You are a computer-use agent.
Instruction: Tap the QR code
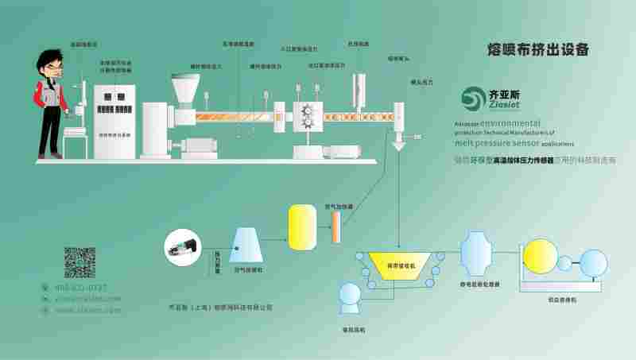pos(80,263)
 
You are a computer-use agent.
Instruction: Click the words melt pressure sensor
pos(487,144)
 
